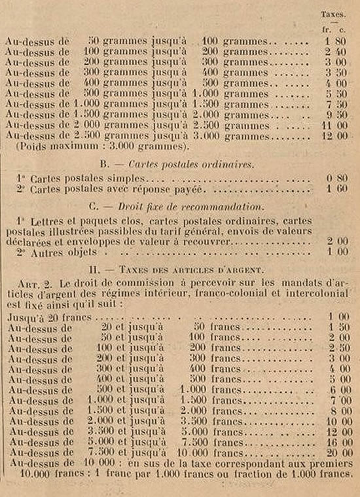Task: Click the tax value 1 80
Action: (337, 43)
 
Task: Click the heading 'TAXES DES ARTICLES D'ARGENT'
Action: (189, 268)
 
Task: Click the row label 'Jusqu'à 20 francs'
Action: (45, 316)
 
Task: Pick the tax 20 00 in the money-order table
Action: (336, 452)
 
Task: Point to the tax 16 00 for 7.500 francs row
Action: (336, 442)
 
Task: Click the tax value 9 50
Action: (338, 115)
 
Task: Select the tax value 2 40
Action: (338, 53)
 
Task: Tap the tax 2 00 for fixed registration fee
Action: (338, 242)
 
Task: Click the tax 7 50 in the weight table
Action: (338, 104)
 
